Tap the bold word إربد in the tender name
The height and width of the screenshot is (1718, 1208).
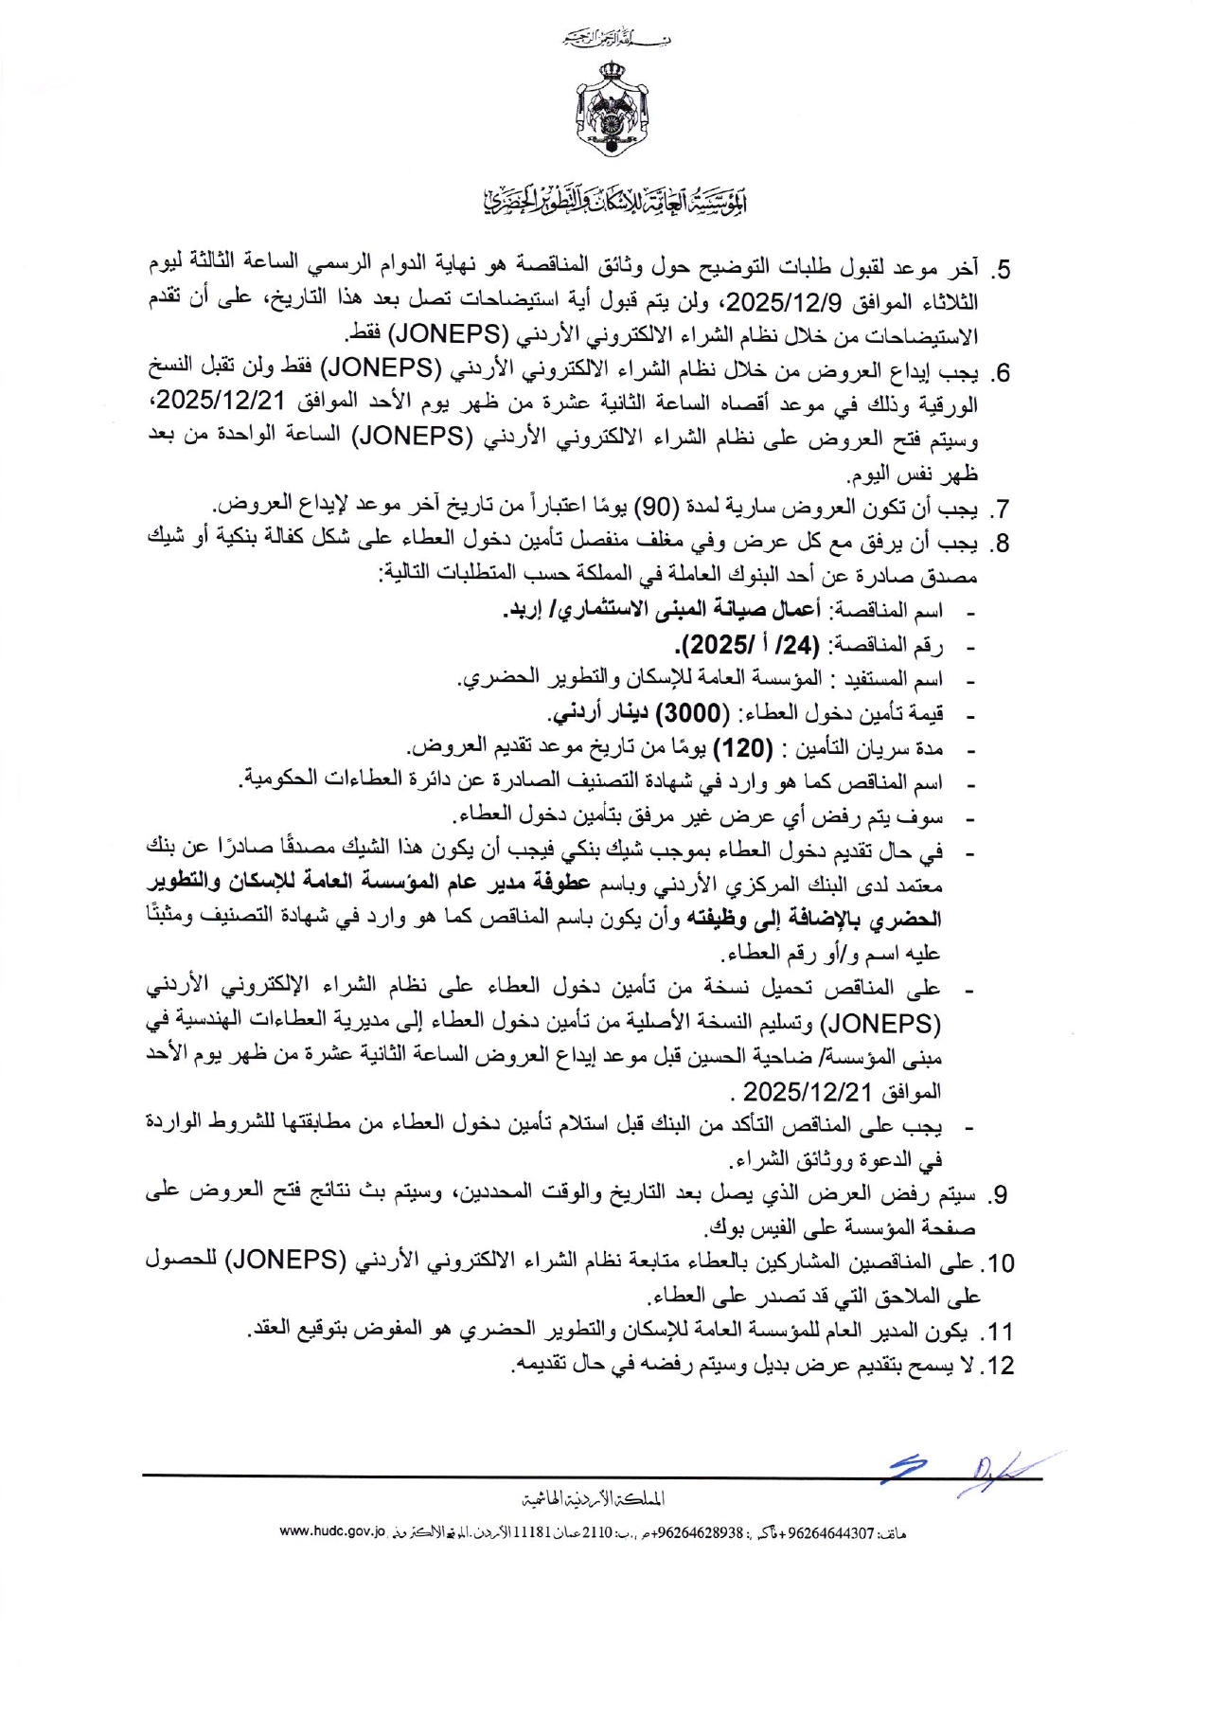pyautogui.click(x=524, y=611)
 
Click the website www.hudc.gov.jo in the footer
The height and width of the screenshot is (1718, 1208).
pyautogui.click(x=333, y=1531)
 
